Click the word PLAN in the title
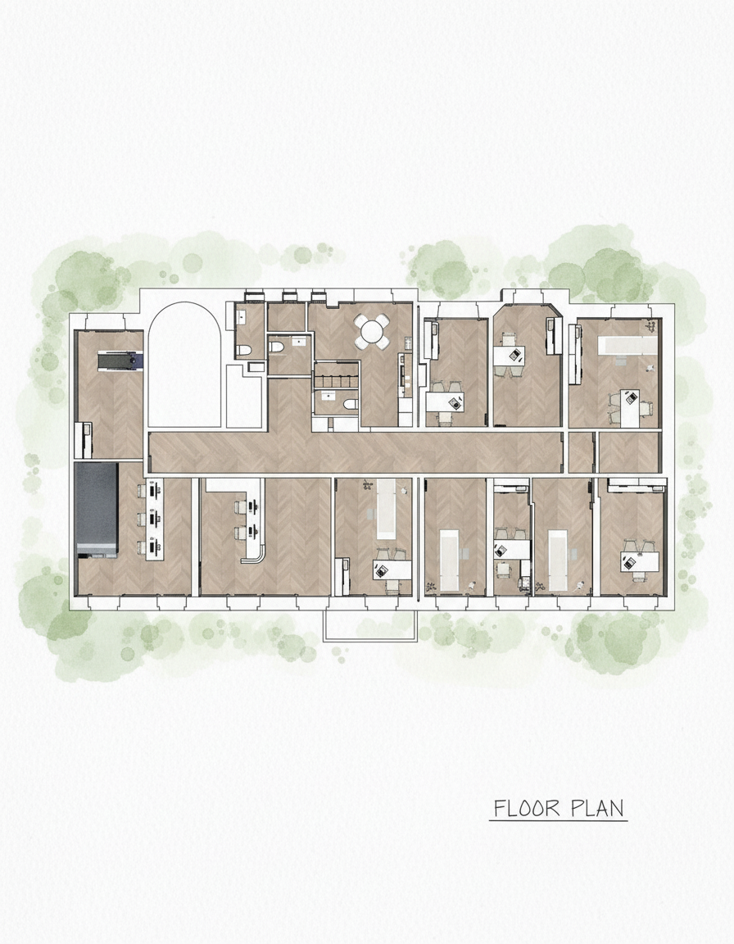[597, 808]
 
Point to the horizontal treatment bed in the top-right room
[627, 345]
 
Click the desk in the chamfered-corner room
[510, 355]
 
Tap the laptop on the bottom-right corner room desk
[630, 562]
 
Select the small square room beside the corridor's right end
[581, 452]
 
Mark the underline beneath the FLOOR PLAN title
[559, 820]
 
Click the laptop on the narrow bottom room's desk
[501, 550]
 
